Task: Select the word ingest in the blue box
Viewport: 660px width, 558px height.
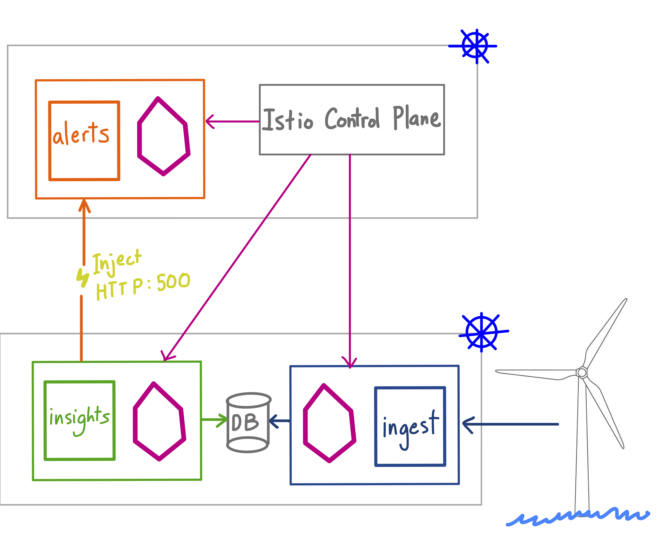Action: point(411,429)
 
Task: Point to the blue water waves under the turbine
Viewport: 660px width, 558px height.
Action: point(578,517)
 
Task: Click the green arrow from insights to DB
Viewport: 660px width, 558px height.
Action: point(215,420)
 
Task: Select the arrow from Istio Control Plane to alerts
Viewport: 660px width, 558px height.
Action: point(232,121)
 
